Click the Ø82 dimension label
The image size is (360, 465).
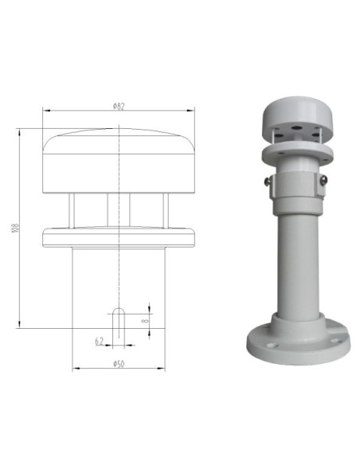click(x=119, y=107)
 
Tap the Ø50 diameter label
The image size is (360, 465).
click(x=119, y=363)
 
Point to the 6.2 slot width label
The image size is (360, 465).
click(x=100, y=341)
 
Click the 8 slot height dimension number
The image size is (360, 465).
click(x=146, y=320)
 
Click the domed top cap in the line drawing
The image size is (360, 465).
click(x=119, y=159)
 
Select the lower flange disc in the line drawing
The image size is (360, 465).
click(x=119, y=236)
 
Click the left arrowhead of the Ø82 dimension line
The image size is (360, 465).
click(x=46, y=112)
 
